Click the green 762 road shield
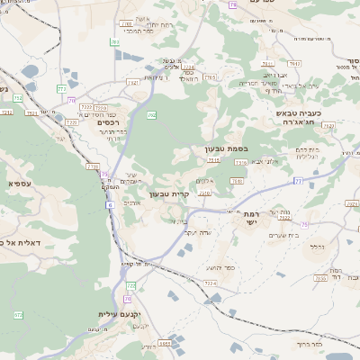[x=152, y=115]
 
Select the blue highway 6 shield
[x=110, y=205]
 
